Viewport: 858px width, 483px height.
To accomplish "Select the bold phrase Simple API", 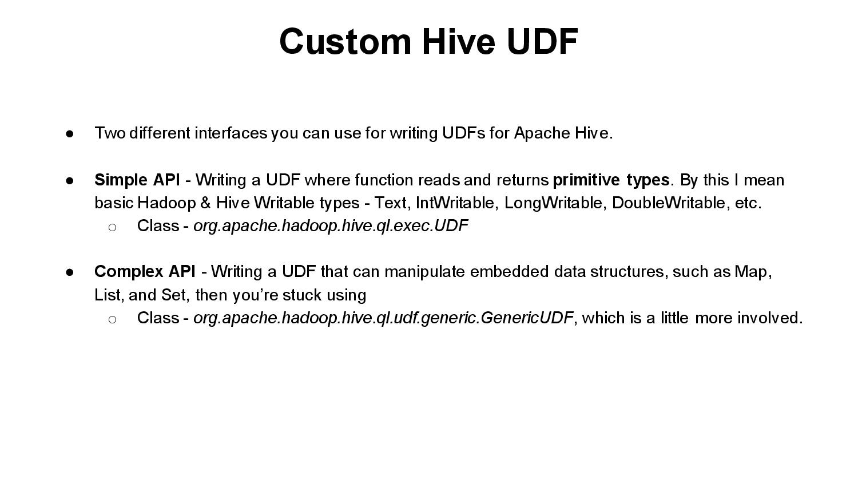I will coord(137,180).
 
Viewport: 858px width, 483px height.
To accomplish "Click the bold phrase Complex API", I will coord(145,271).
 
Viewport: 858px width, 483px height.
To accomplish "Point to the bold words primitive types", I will coord(611,180).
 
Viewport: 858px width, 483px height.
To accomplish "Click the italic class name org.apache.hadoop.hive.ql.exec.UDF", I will coord(331,226).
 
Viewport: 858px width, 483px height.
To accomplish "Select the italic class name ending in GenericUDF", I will coord(383,318).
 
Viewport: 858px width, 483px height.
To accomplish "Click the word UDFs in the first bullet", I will coord(463,133).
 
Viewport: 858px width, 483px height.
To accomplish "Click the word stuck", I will coord(302,295).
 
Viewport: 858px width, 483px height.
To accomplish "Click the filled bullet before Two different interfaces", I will coord(70,134).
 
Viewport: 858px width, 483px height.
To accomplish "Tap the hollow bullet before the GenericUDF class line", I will coord(112,319).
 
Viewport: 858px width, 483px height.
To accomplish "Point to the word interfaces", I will coord(231,133).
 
